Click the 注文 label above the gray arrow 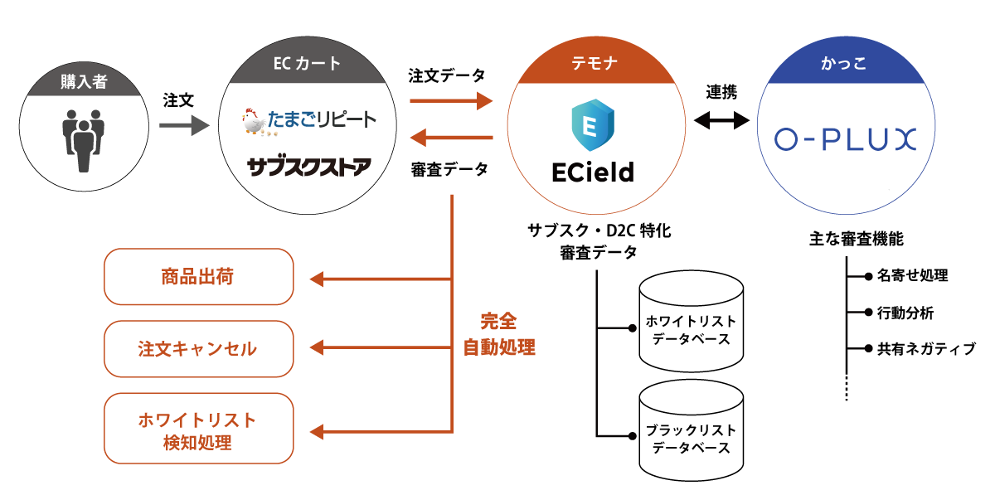point(179,100)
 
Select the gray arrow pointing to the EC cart point(184,126)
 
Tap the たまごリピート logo point(308,122)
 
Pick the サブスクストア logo point(309,167)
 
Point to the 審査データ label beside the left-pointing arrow point(449,169)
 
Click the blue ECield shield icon point(592,124)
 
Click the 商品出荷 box point(199,276)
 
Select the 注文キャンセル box point(199,348)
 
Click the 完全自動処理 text point(499,335)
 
